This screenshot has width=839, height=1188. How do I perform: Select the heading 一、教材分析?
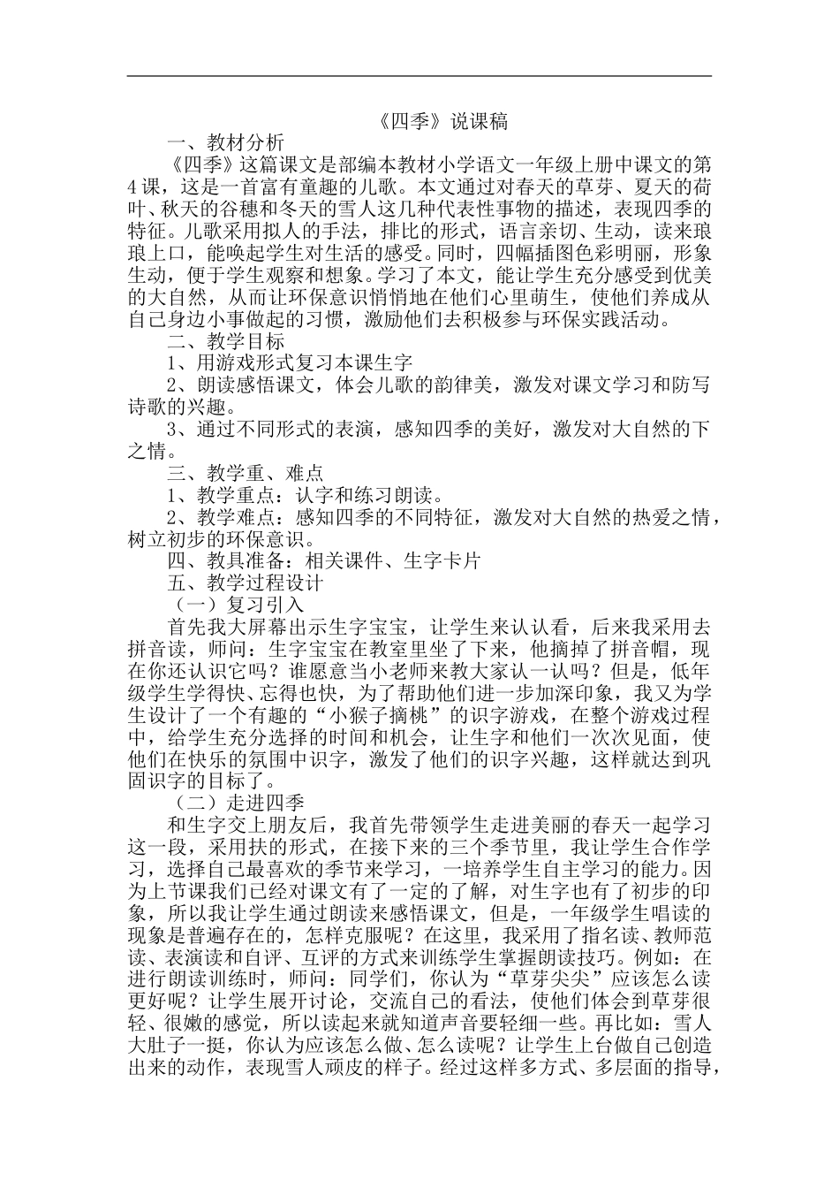tap(227, 143)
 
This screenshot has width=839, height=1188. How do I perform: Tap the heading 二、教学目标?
tap(227, 341)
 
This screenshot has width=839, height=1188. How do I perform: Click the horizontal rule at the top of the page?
tap(419, 76)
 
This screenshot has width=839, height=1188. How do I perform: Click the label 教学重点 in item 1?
tap(235, 495)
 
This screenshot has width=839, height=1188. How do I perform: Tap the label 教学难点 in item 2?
tap(235, 517)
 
